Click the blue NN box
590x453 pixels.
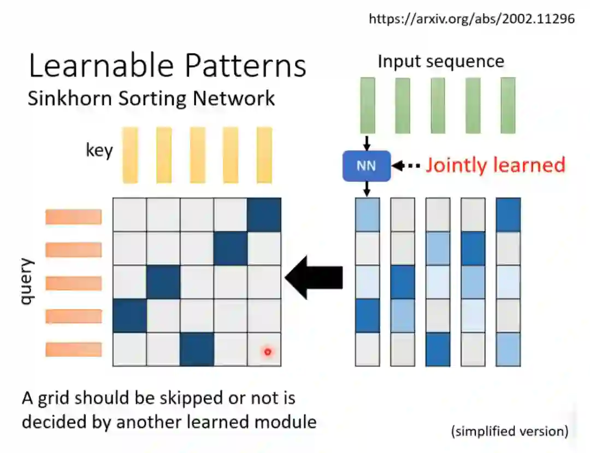(x=367, y=166)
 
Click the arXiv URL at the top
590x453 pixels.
(x=472, y=19)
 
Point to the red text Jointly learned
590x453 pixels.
(x=495, y=165)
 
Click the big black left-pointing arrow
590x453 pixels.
(x=314, y=278)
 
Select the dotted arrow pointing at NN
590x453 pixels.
(x=407, y=165)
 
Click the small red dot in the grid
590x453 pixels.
(x=268, y=352)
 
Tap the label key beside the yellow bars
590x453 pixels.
(x=99, y=150)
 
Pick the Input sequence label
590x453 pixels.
(x=440, y=61)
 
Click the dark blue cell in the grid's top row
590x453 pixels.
(x=264, y=215)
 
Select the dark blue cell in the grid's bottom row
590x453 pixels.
(x=197, y=350)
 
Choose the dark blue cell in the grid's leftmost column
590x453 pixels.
(x=130, y=316)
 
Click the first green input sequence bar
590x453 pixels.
(x=367, y=105)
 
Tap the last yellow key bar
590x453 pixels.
(x=264, y=155)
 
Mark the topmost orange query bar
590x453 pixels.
(x=74, y=217)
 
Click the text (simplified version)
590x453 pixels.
(x=509, y=431)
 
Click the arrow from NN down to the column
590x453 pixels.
(x=367, y=189)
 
